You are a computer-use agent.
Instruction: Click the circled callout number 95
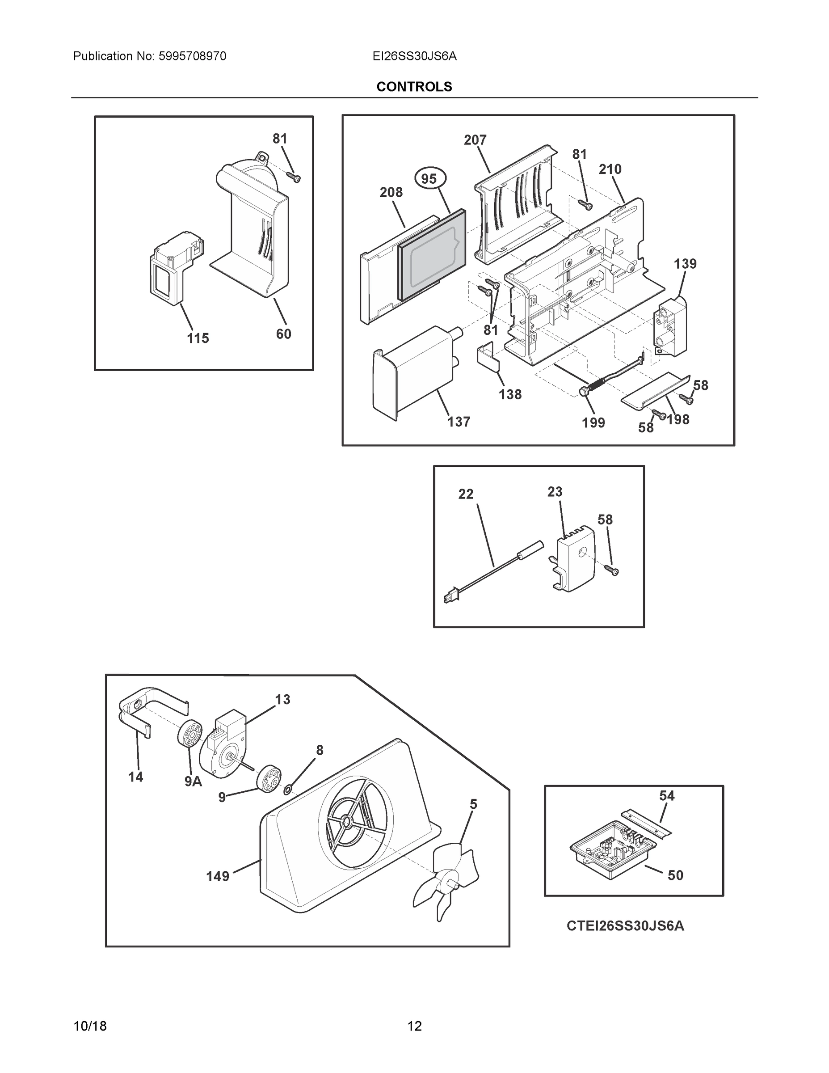pos(429,179)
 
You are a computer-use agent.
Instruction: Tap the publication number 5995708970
pos(192,56)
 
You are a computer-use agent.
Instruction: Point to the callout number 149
pos(218,876)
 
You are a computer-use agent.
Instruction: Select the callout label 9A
pos(193,781)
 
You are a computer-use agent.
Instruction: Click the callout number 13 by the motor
pos(282,699)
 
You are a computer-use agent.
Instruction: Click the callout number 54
pos(666,795)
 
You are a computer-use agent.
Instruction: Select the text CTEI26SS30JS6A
pos(625,925)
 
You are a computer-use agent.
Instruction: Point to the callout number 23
pos(555,491)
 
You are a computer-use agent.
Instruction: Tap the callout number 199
pos(593,422)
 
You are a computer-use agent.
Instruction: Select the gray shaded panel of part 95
pos(432,255)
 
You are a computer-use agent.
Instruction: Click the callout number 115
pos(198,338)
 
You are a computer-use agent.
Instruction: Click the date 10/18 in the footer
pos(90,1027)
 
